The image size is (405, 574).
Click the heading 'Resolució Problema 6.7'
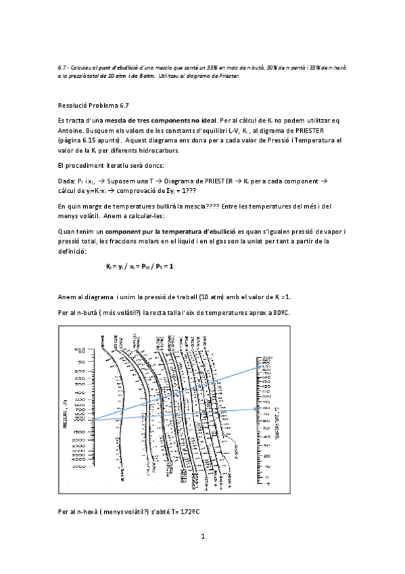(x=93, y=106)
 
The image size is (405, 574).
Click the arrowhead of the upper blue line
(x=261, y=367)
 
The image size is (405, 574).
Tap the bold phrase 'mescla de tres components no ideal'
(x=153, y=119)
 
